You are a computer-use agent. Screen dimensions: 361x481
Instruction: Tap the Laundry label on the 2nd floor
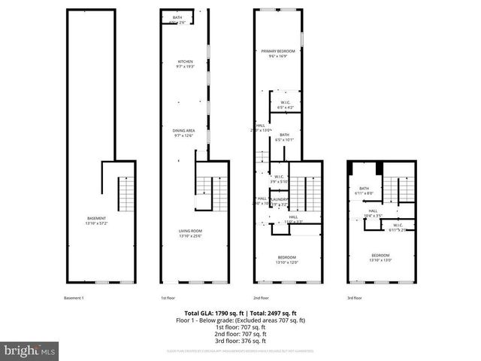(x=280, y=199)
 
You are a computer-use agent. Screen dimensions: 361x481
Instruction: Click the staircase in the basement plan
(x=126, y=194)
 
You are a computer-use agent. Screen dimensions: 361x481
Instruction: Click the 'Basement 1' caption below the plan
(x=74, y=298)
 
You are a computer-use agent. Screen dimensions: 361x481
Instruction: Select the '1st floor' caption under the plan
(x=168, y=298)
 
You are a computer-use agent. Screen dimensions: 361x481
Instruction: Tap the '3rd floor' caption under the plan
(x=355, y=298)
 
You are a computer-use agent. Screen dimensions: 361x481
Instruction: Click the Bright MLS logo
(x=30, y=350)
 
